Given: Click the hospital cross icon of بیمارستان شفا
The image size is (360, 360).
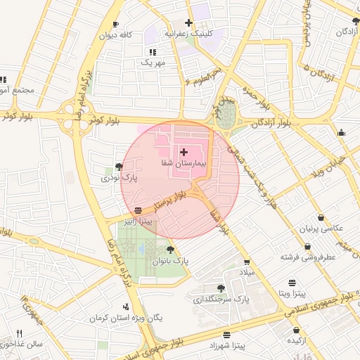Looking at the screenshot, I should [x=184, y=152].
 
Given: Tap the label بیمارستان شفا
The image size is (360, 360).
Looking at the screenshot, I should [x=184, y=163].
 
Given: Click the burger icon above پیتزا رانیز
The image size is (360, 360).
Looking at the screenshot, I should [x=138, y=210].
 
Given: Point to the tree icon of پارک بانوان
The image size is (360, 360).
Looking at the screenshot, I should [x=169, y=249].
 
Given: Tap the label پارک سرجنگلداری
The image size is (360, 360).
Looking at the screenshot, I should [x=221, y=300].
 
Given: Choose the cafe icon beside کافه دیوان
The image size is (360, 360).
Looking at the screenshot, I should [x=115, y=25].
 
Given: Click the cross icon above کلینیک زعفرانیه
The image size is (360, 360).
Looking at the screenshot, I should [x=188, y=22].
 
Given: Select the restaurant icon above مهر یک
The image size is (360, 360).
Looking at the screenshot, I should [x=152, y=52].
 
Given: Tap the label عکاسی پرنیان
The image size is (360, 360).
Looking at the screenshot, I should [x=321, y=229].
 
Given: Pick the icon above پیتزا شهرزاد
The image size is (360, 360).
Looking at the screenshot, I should [x=226, y=335].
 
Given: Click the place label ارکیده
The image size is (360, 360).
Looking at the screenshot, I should [x=295, y=340].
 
